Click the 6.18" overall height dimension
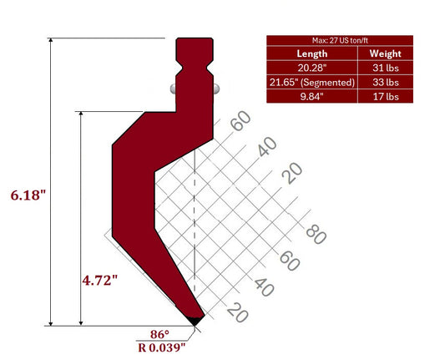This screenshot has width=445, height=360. click(28, 195)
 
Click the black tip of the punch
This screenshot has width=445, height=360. click(194, 321)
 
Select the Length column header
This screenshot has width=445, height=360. click(311, 54)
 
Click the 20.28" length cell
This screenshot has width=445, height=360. click(311, 68)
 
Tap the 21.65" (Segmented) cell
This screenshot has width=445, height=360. click(311, 83)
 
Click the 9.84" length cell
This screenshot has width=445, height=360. click(311, 96)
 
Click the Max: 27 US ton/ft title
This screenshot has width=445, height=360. click(340, 40)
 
